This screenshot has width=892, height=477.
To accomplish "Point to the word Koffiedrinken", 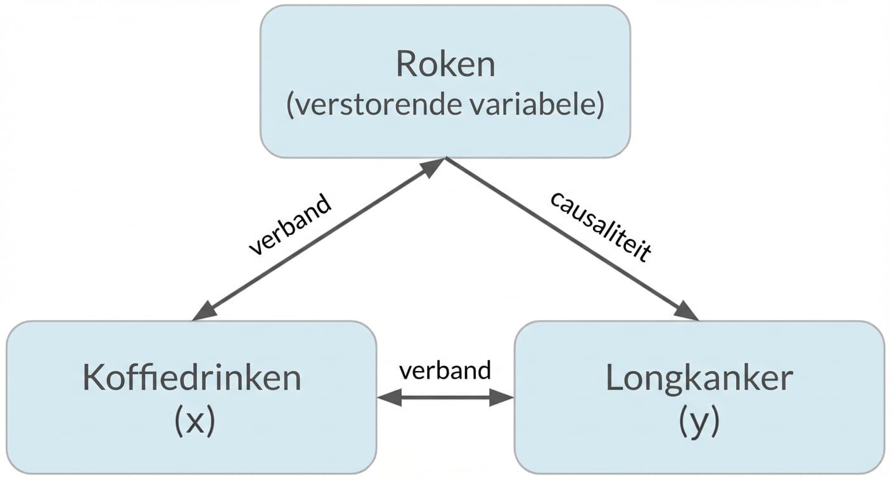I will click(191, 379).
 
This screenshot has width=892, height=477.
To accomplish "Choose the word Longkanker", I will click(699, 379).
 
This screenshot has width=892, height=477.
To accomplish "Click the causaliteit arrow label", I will click(600, 226).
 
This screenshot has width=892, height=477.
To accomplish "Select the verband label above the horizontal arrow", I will click(445, 370).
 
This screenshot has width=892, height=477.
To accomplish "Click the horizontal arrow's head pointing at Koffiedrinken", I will click(388, 398).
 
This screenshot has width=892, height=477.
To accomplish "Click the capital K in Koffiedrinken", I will click(92, 379).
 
